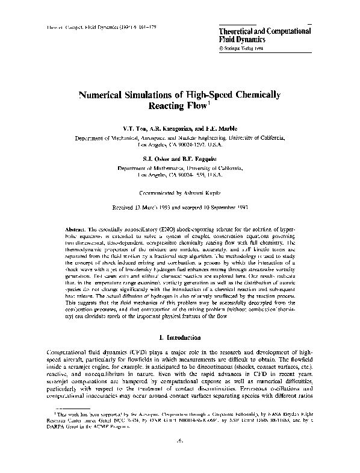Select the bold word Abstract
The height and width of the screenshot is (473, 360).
76,231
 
